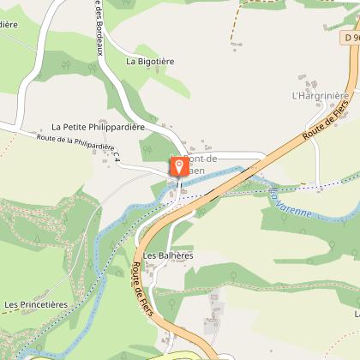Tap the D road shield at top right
[x=350, y=38]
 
